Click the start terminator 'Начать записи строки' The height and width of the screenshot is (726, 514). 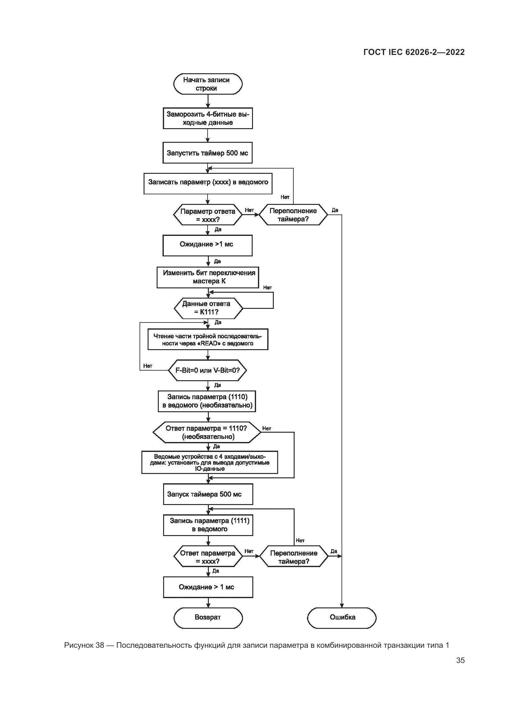coord(208,84)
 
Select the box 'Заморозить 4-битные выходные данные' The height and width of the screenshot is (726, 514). coord(208,119)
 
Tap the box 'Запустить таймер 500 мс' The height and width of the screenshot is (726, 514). coord(207,153)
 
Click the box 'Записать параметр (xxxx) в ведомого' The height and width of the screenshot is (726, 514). coord(208,183)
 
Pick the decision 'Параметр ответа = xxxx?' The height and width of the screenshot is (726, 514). coord(208,215)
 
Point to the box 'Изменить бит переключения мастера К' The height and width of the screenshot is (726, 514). coord(208,277)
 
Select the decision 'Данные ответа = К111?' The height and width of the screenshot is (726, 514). coord(208,308)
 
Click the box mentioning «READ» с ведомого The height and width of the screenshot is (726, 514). coord(208,340)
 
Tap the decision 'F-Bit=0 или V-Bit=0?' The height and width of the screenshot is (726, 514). coord(208,370)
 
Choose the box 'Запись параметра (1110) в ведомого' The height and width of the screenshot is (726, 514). coord(207,401)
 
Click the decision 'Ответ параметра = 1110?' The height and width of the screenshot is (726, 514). coord(207,432)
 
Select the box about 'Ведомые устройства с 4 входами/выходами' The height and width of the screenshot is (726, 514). coord(209,462)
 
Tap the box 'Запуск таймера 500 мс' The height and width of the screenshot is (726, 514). coord(208,494)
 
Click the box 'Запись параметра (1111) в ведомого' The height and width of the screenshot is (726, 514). coord(208,525)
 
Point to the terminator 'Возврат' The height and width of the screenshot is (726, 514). coord(208,617)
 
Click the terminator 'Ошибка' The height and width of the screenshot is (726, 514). coord(342,617)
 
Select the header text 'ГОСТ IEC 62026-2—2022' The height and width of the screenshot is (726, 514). coord(414,52)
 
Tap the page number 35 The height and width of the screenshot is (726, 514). coord(460,660)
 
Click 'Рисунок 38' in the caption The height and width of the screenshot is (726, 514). coord(84,645)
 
